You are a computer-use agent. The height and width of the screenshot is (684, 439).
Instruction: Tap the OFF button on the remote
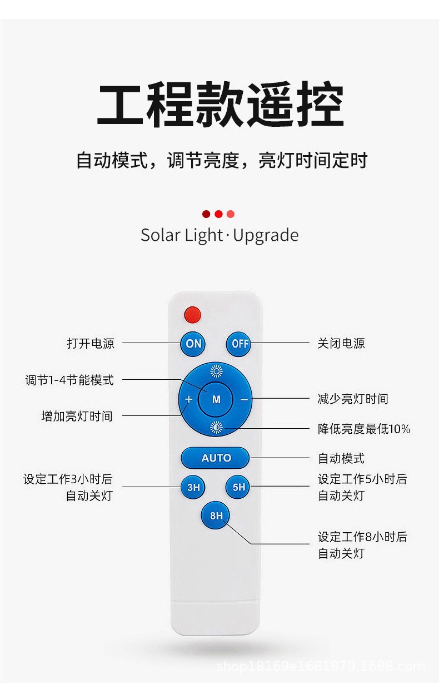238,344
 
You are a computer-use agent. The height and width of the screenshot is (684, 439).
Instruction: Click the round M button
216,399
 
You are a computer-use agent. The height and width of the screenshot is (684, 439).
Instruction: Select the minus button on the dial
244,399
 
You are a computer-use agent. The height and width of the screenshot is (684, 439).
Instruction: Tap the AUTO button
216,458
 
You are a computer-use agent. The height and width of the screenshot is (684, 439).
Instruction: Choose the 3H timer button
193,488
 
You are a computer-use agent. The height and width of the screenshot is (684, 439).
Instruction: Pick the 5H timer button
238,488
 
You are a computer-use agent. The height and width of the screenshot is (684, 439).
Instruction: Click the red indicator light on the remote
192,314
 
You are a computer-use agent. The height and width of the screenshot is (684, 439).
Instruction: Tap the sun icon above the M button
216,371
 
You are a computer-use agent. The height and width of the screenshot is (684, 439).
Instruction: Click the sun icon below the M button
216,427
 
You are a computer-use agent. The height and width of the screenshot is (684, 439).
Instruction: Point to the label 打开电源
91,344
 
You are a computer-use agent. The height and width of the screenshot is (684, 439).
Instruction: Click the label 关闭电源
341,344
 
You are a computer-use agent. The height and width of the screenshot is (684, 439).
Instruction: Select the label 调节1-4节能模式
69,380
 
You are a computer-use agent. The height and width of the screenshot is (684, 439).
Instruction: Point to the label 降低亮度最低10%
364,429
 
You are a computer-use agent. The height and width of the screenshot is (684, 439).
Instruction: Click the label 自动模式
341,458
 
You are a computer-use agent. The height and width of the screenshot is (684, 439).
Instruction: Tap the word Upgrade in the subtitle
266,235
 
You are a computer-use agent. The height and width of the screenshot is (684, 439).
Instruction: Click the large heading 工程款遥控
220,105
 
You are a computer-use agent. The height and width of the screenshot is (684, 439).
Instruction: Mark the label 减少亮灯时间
353,399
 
